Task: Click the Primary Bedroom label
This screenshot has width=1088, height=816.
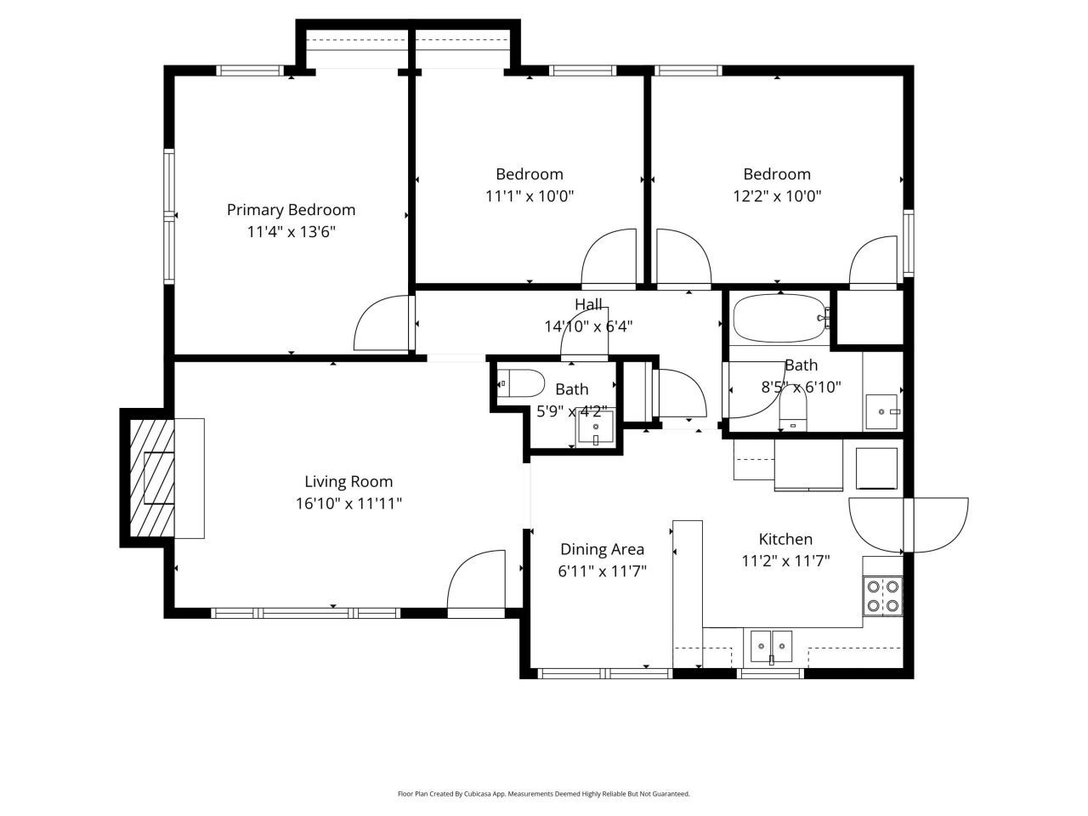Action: click(x=291, y=209)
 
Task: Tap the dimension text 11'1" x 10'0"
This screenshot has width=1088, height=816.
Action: click(x=530, y=195)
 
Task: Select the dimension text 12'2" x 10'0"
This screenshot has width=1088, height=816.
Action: click(x=777, y=195)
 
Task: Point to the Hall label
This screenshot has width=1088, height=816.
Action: click(x=588, y=304)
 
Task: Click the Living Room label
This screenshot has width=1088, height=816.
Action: click(x=348, y=482)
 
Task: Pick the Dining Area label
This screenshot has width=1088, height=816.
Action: click(x=602, y=549)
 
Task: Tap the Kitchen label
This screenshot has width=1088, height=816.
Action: click(x=785, y=539)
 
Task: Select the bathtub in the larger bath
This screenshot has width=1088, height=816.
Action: click(x=779, y=318)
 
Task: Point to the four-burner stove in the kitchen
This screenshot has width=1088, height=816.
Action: click(x=882, y=596)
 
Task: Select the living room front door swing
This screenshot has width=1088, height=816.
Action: click(x=476, y=581)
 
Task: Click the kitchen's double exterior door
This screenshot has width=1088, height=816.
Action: click(x=908, y=524)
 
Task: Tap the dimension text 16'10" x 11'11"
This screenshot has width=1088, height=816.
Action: click(x=348, y=503)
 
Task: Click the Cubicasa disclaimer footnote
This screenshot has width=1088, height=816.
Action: click(x=544, y=794)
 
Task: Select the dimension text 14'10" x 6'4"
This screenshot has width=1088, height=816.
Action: click(x=588, y=326)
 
